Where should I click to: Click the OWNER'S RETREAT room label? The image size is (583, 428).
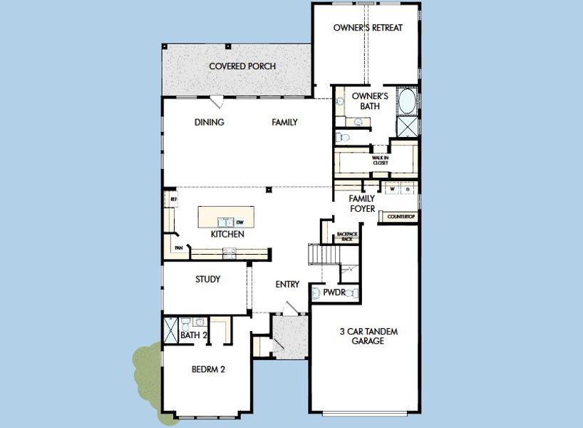[x=368, y=28]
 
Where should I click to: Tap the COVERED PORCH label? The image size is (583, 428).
[x=242, y=66]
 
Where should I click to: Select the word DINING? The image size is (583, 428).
[x=209, y=122]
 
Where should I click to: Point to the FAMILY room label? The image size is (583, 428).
[x=284, y=122]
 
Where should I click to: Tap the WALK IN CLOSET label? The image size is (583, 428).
[x=381, y=160]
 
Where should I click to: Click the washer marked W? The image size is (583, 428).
[x=391, y=189]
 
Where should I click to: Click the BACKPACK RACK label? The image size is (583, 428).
[x=346, y=237]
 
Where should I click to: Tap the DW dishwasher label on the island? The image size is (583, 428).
[x=240, y=221]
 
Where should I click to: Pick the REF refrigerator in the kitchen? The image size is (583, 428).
[x=172, y=200]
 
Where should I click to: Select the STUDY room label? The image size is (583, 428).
[x=207, y=279]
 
